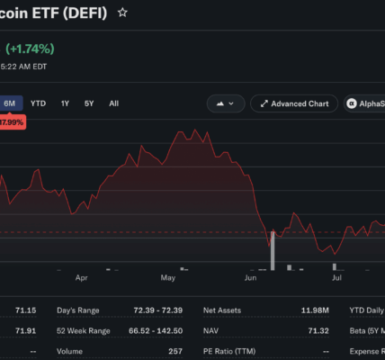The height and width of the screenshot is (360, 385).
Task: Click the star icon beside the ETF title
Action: click(122, 13)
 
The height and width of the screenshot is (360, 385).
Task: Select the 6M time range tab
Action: click(10, 103)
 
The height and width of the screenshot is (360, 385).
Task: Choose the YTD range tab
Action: click(38, 103)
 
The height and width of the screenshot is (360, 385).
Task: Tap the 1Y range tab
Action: click(65, 103)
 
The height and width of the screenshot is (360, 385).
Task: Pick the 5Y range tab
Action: click(89, 103)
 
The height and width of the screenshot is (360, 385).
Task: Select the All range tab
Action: click(114, 103)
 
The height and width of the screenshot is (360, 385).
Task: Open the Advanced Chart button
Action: click(294, 103)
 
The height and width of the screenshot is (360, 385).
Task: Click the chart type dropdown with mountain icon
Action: click(226, 103)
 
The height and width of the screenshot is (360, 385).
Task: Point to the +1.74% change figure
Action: click(30, 49)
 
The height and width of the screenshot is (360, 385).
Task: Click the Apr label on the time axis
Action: click(82, 278)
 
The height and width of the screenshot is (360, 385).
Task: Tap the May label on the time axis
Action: click(168, 278)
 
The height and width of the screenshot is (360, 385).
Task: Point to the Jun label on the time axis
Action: click(251, 278)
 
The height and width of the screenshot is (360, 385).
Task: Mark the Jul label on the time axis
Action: click(336, 278)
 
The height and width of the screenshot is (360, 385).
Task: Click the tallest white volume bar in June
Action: click(273, 251)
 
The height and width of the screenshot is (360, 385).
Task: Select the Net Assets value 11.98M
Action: click(315, 310)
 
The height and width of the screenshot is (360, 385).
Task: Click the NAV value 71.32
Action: click(318, 331)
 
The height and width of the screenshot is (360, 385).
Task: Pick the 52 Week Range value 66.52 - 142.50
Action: click(156, 331)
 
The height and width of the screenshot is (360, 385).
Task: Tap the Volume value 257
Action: click(175, 351)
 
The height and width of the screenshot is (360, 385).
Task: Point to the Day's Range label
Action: click(78, 310)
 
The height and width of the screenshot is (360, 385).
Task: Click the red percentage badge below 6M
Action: click(12, 122)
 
